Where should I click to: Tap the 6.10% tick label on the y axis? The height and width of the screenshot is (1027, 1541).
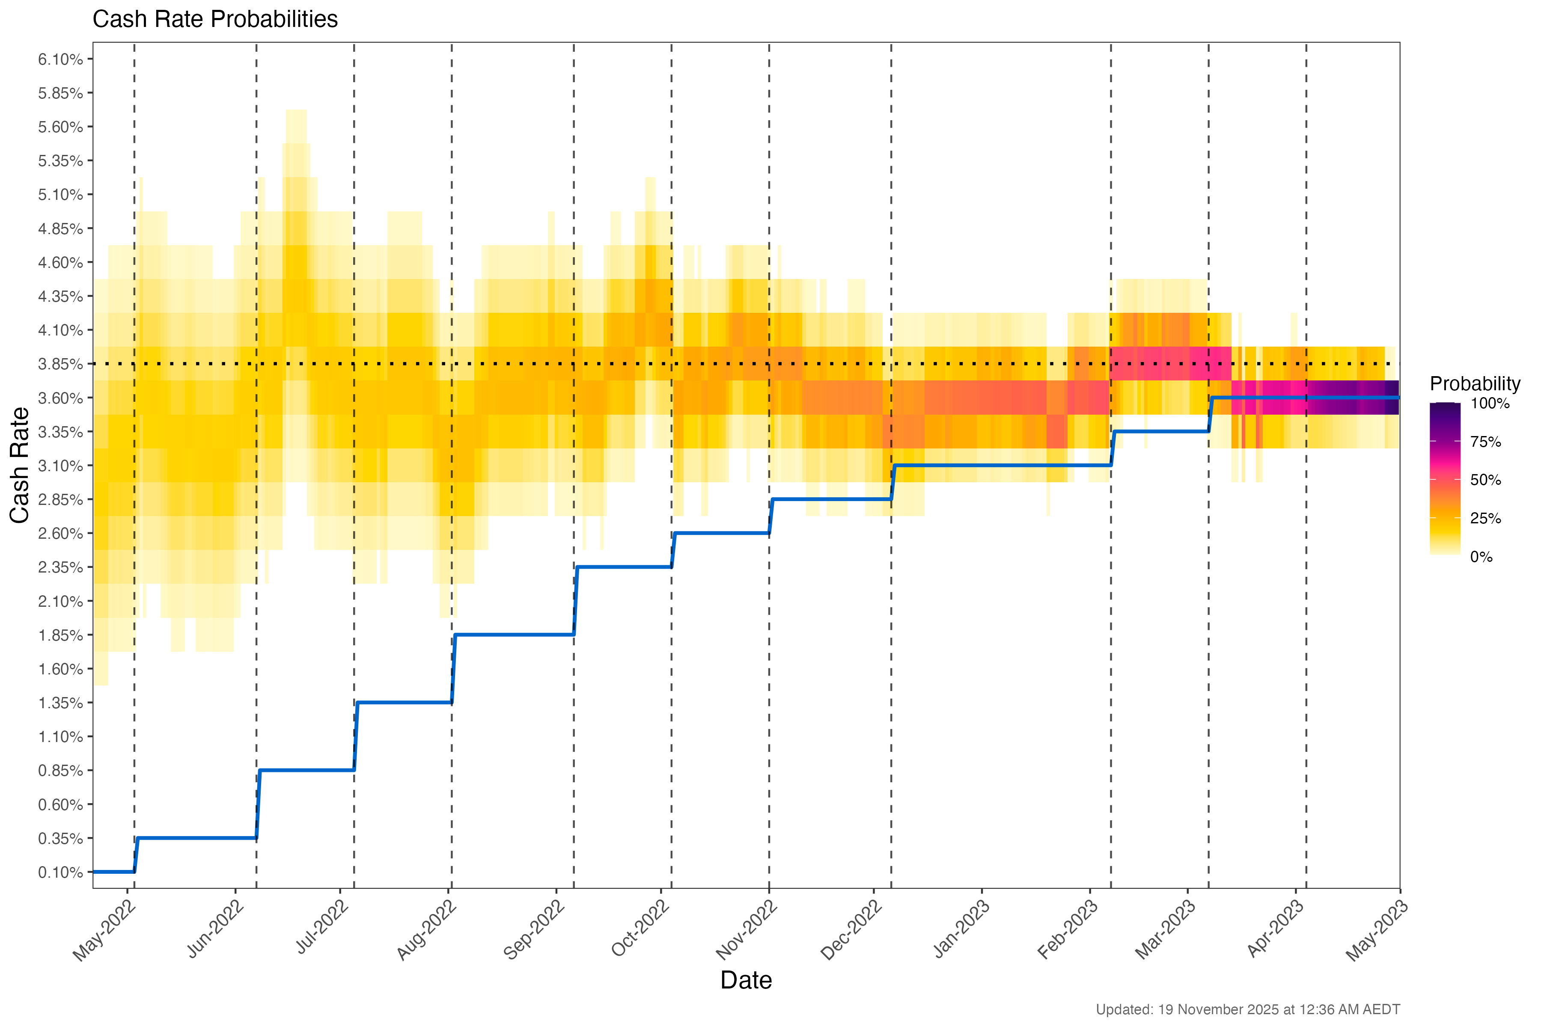tap(60, 59)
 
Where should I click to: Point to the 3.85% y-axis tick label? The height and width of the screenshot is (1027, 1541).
tap(60, 364)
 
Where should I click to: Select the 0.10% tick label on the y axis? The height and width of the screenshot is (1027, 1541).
tap(60, 873)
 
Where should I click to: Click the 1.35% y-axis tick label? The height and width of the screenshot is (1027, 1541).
tap(60, 703)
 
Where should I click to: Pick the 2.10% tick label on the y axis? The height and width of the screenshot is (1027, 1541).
tap(60, 601)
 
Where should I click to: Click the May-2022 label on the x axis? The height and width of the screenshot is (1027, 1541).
tap(105, 930)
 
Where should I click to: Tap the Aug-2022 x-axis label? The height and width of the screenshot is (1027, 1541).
tap(427, 930)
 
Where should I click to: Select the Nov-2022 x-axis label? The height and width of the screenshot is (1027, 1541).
tap(747, 930)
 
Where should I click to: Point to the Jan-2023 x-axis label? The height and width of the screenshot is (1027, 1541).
tap(962, 930)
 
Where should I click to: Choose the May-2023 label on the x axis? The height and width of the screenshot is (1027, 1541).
tap(1377, 930)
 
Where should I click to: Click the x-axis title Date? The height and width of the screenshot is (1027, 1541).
tap(746, 980)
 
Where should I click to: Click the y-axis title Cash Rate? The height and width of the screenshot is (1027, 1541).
tap(20, 465)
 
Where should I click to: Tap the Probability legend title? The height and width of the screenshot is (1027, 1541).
tap(1474, 384)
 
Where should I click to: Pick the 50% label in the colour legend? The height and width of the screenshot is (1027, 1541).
tap(1485, 480)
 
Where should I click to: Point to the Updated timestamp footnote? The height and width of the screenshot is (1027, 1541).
tap(1247, 1009)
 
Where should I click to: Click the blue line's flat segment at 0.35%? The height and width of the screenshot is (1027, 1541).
tap(196, 838)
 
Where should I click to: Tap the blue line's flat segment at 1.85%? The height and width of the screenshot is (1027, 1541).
tap(515, 635)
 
